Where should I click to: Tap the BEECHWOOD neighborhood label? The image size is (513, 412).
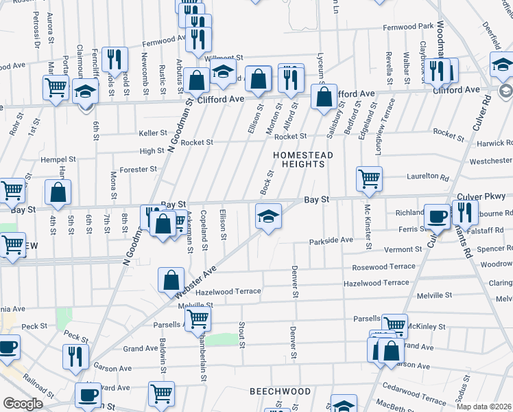(x=281, y=391)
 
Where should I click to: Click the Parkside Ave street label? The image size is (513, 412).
(x=331, y=240)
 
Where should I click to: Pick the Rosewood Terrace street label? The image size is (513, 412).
(x=383, y=266)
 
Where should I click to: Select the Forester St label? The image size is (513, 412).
(x=139, y=169)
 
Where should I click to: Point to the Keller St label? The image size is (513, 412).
(x=153, y=133)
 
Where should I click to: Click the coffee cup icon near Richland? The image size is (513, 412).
(x=437, y=218)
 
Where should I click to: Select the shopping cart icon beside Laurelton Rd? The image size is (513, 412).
(x=370, y=179)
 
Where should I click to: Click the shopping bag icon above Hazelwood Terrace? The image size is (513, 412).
(x=171, y=280)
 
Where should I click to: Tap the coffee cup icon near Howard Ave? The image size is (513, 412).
(x=88, y=396)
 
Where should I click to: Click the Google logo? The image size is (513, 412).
(x=23, y=404)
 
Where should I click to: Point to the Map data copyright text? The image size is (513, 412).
(x=483, y=407)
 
